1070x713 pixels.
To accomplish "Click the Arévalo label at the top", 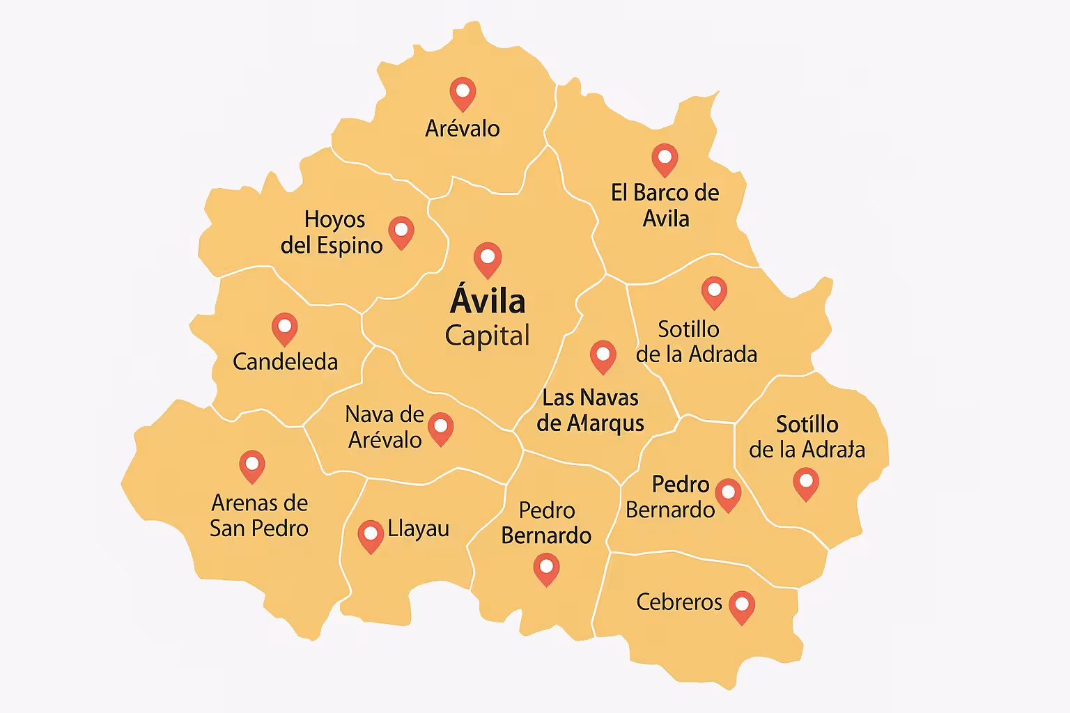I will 463,128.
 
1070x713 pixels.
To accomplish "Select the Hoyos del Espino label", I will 332,232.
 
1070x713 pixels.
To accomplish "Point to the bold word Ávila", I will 488,301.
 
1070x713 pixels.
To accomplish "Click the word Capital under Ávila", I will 488,336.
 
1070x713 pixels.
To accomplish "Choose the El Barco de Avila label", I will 665,205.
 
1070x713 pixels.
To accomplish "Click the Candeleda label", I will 285,361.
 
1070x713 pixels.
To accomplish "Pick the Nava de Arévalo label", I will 385,427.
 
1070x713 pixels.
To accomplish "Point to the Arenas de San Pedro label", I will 259,515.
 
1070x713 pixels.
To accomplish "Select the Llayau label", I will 419,528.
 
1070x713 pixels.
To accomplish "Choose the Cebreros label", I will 679,602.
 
